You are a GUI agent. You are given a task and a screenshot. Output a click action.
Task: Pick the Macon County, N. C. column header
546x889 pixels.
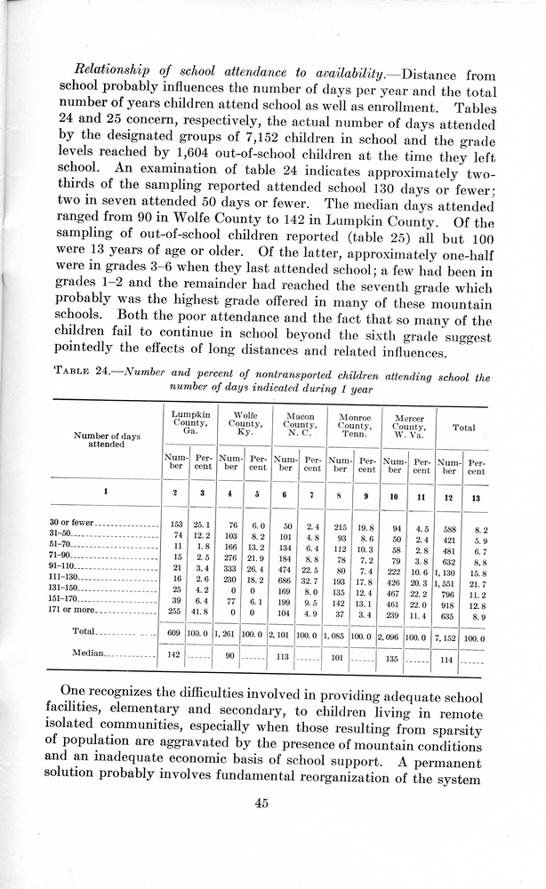[x=300, y=420]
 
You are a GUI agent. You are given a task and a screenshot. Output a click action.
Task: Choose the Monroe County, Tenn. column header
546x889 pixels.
[x=354, y=420]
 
